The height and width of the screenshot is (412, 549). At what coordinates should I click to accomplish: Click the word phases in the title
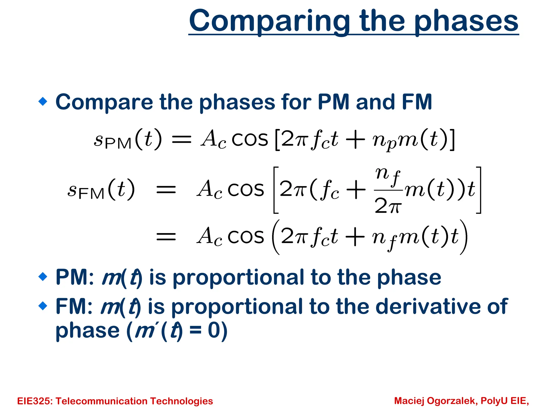click(466, 21)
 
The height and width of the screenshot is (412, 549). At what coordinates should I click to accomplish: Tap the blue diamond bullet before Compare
click(43, 102)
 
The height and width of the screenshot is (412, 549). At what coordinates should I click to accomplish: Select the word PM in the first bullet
click(333, 102)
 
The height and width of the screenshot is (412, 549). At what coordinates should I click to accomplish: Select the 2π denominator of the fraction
click(388, 206)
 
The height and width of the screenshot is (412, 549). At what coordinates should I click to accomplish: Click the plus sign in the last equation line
click(355, 237)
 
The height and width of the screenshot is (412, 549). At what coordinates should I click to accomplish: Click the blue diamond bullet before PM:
click(43, 277)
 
